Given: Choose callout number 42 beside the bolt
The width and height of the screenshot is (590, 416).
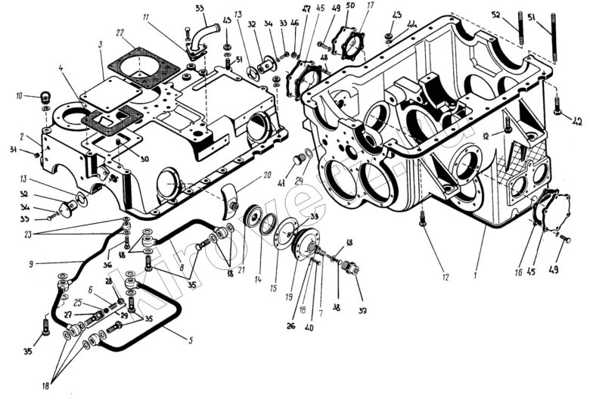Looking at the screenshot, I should click(x=578, y=122).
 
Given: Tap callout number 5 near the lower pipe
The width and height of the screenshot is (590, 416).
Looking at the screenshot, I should click(x=191, y=341).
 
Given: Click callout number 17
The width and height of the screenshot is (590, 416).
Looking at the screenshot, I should click(x=371, y=7).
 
